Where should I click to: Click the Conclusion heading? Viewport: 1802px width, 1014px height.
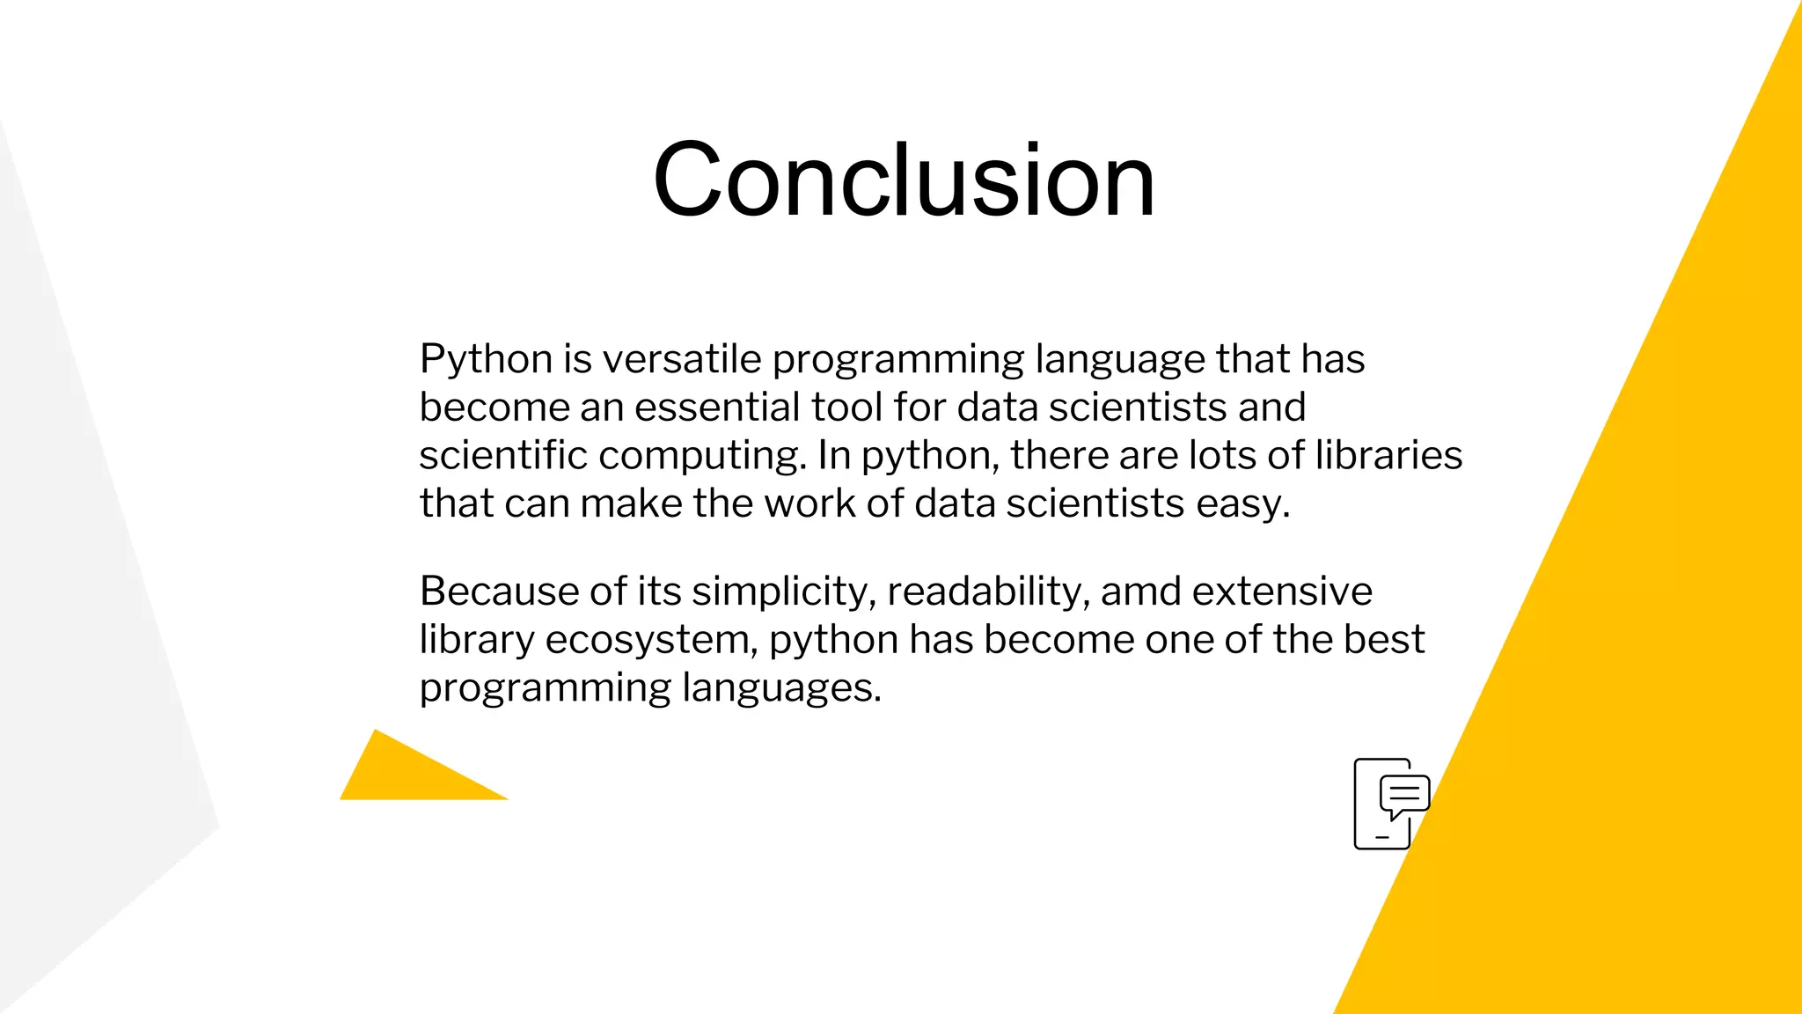pyautogui.click(x=904, y=180)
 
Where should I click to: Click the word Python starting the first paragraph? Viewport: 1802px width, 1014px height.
pyautogui.click(x=486, y=360)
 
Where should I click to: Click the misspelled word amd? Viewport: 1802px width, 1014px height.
pyautogui.click(x=1140, y=591)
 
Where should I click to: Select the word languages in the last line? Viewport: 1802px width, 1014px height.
pyautogui.click(x=780, y=688)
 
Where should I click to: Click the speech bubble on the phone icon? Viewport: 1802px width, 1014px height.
pyautogui.click(x=1404, y=794)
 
